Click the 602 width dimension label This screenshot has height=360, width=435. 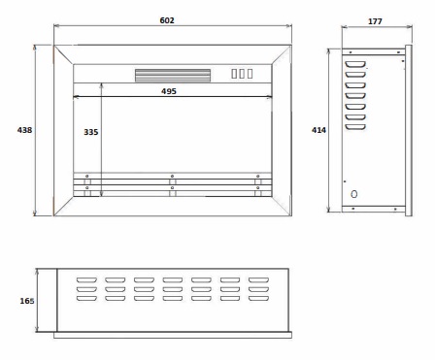pyautogui.click(x=167, y=20)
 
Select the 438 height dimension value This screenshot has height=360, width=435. pyautogui.click(x=24, y=130)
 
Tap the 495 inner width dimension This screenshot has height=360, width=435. pyautogui.click(x=169, y=91)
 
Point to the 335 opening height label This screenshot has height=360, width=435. pyautogui.click(x=91, y=132)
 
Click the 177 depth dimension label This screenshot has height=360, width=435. pyautogui.click(x=375, y=21)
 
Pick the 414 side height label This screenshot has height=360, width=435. pyautogui.click(x=318, y=130)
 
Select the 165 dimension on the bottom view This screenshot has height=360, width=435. pyautogui.click(x=27, y=301)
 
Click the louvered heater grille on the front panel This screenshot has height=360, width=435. pyautogui.click(x=173, y=76)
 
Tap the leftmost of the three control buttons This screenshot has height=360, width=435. pyautogui.click(x=234, y=74)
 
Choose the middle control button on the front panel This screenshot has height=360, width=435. pyautogui.click(x=242, y=74)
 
